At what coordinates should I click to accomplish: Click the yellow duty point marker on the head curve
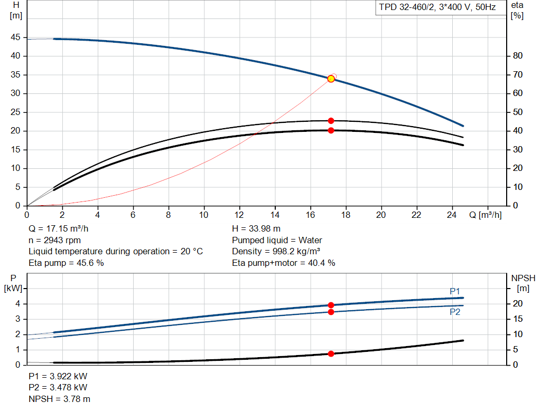[331, 79]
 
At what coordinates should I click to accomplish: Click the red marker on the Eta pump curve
[331, 121]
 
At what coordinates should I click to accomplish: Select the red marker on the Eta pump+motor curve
[331, 130]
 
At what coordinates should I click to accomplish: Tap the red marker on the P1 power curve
[331, 305]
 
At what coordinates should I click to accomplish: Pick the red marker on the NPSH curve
[331, 353]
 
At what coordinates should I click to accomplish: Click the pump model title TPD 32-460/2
[437, 7]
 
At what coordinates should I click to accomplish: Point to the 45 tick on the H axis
[15, 37]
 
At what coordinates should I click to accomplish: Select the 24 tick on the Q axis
[452, 215]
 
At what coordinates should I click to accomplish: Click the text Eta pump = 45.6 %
[66, 262]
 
